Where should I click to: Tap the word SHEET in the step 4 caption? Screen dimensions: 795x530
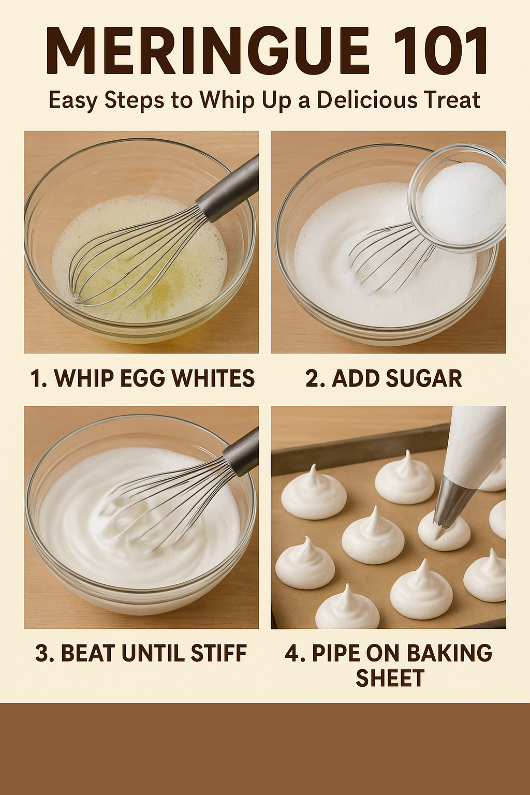click(390, 678)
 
